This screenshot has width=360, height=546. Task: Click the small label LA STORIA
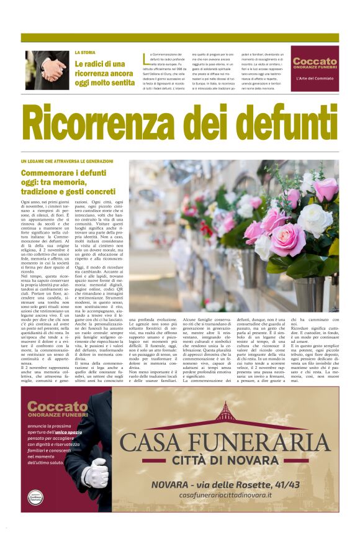[x=85, y=53]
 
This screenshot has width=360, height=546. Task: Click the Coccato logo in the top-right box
[x=315, y=61]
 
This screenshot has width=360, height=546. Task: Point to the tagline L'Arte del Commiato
[x=315, y=78]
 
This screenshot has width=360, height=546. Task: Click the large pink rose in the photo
[x=287, y=240]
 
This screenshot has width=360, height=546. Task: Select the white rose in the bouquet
[x=315, y=219]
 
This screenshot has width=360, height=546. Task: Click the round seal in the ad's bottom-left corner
[x=35, y=498]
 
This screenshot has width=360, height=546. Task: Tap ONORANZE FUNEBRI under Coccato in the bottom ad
[x=57, y=414]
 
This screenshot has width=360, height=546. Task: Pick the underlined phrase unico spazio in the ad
[x=73, y=430]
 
